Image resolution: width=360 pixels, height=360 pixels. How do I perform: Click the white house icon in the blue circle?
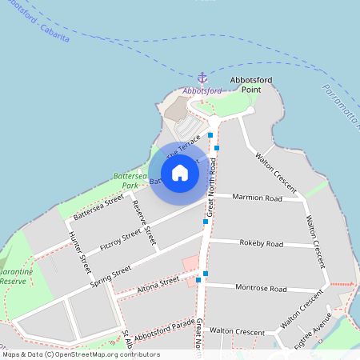180,173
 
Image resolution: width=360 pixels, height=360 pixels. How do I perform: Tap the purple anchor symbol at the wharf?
202,78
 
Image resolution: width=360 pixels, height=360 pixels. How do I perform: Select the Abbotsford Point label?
245,86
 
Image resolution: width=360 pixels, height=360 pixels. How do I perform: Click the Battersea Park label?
130,180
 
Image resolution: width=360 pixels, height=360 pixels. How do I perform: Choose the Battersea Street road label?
98,206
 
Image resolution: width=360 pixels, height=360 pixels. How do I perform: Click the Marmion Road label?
258,198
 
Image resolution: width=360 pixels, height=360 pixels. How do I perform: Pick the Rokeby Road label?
262,243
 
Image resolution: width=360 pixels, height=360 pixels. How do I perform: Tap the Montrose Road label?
261,287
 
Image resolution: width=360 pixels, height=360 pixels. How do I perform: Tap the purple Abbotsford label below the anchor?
202,90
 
